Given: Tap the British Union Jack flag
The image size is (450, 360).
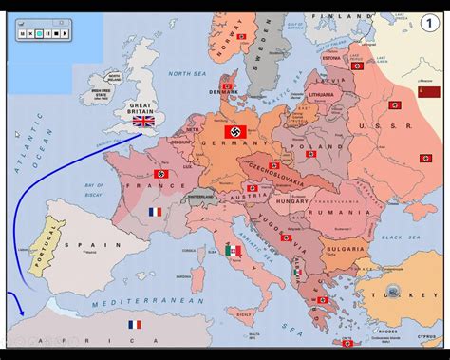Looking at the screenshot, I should [143, 120].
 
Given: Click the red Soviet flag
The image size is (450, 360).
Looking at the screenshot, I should [428, 92].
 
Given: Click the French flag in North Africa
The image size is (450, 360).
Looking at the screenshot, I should [135, 324].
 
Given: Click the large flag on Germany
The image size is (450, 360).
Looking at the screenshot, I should [236, 131].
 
